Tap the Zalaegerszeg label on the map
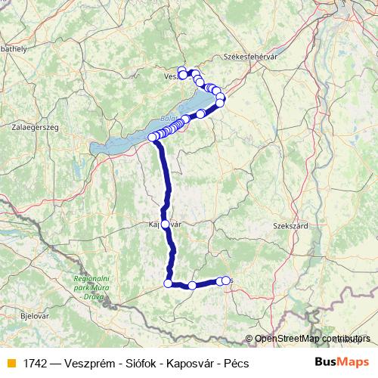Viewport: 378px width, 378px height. [35, 128]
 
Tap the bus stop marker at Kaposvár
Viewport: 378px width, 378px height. [166, 224]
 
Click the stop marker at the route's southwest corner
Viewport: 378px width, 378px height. [168, 283]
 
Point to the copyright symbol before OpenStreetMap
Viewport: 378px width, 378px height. [249, 339]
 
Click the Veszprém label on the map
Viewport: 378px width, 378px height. [172, 76]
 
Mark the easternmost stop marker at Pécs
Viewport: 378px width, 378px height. [226, 281]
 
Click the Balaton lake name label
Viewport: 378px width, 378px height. [168, 119]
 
